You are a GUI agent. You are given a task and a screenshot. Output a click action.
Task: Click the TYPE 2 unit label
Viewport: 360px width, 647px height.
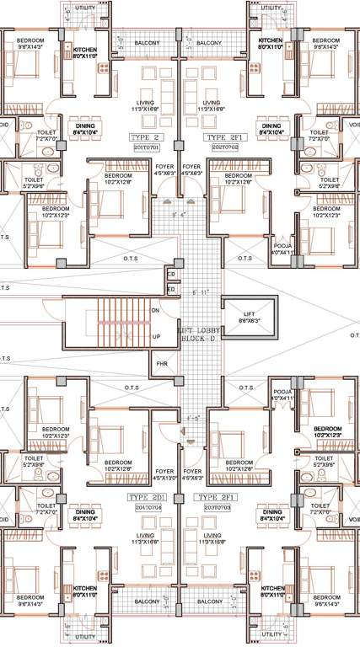(146, 136)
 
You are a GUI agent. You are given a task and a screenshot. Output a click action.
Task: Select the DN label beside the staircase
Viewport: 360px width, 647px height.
(155, 309)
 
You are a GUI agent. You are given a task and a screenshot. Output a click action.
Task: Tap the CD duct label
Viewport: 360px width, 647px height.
(170, 274)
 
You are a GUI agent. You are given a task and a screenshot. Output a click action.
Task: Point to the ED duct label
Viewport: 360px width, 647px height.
(170, 289)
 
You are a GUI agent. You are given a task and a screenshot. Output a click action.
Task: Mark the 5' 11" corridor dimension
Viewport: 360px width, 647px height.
(200, 292)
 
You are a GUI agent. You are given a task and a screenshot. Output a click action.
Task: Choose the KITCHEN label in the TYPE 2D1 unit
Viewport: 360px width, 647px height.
(84, 591)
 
